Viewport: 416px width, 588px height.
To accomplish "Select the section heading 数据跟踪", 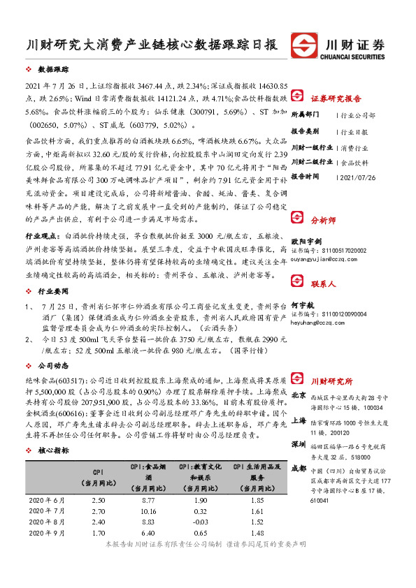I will [53, 71].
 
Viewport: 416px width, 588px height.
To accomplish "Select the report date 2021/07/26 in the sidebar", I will [359, 177].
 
